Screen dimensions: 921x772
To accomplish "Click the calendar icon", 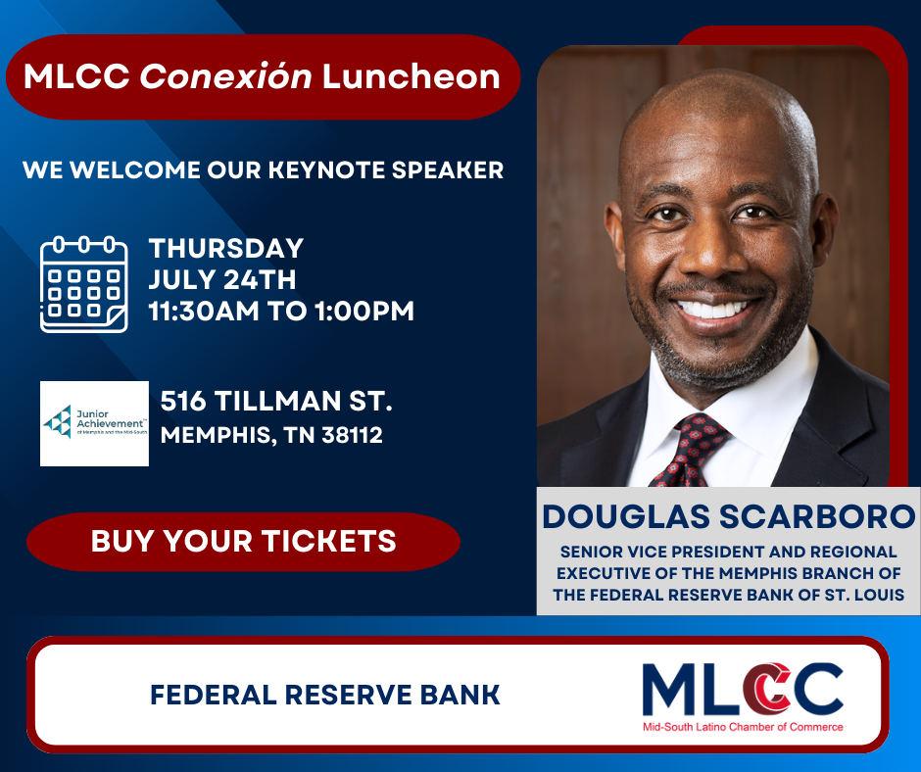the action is pyautogui.click(x=84, y=284).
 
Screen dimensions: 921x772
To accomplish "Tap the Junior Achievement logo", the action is pyautogui.click(x=94, y=423).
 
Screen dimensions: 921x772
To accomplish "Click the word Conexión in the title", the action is pyautogui.click(x=225, y=76).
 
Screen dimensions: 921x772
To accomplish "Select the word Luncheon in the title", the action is pyautogui.click(x=412, y=77).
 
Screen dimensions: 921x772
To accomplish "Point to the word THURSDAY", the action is pyautogui.click(x=226, y=249).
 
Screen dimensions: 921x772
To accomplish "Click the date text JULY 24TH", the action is pyautogui.click(x=222, y=279).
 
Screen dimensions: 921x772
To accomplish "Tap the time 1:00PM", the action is pyautogui.click(x=364, y=311).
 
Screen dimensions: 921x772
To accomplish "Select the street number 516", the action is pyautogui.click(x=183, y=402).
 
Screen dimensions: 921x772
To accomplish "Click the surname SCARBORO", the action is pyautogui.click(x=817, y=517).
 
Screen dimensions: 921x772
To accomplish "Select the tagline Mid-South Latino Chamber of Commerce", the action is pyautogui.click(x=743, y=727).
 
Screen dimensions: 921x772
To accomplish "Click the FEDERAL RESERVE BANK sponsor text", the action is pyautogui.click(x=325, y=695).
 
